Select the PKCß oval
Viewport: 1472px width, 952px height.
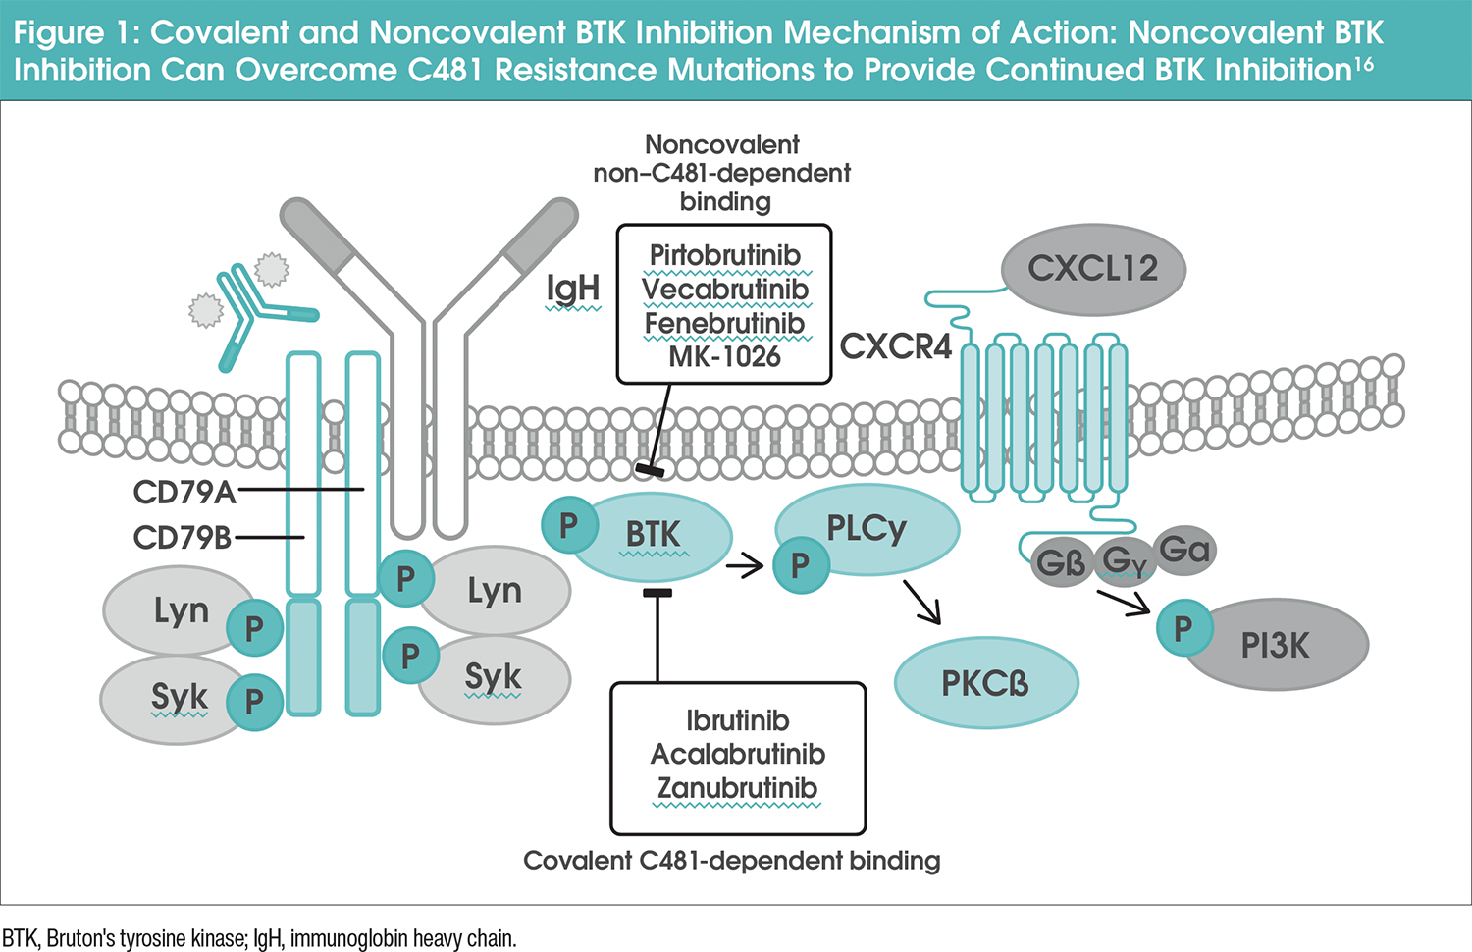(985, 683)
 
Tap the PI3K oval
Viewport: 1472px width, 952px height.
(1276, 645)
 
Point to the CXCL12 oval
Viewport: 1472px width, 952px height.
(1092, 269)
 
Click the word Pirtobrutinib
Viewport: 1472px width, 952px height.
(724, 255)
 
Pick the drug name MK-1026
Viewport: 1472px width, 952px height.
(724, 356)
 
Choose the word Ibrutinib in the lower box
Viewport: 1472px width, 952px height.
(737, 720)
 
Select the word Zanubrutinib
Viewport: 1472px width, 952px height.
(737, 788)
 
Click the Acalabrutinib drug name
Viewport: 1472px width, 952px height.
(737, 754)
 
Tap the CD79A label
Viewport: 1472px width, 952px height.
(184, 492)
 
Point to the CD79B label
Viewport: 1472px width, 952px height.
(183, 537)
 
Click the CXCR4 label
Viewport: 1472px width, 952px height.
(896, 346)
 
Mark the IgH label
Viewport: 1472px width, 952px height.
(573, 289)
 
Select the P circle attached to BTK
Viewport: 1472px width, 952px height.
(569, 525)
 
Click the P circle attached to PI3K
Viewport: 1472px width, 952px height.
(1183, 627)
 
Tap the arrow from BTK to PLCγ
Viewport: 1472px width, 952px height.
(745, 565)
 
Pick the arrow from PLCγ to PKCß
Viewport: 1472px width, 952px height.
(921, 602)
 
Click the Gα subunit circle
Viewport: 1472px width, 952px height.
(1184, 550)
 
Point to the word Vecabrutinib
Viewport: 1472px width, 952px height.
(724, 290)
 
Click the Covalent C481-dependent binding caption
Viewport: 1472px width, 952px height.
(731, 861)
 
